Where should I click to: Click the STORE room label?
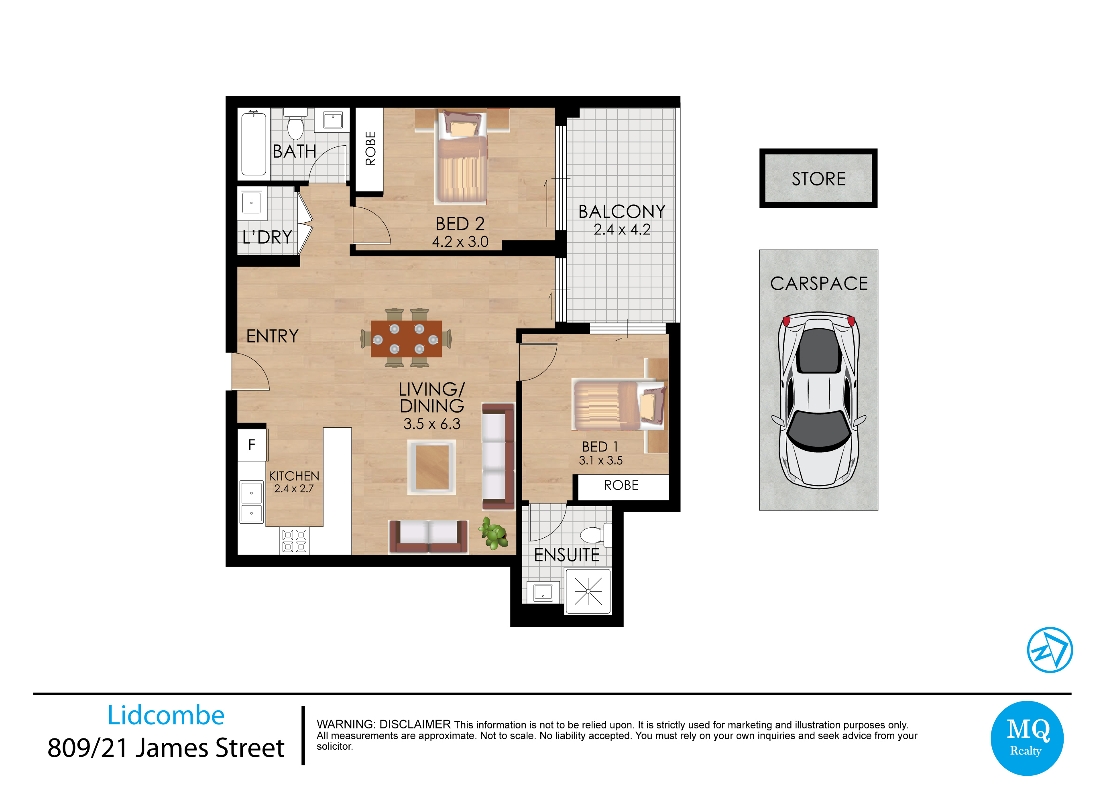pyautogui.click(x=819, y=179)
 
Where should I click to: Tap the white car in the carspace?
pyautogui.click(x=819, y=400)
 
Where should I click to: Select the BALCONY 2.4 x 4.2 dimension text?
pyautogui.click(x=622, y=229)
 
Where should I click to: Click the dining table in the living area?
pyautogui.click(x=406, y=339)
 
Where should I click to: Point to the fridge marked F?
pyautogui.click(x=252, y=445)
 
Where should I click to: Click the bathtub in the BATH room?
pyautogui.click(x=254, y=143)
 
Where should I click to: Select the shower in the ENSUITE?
pyautogui.click(x=588, y=592)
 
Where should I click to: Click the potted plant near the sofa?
pyautogui.click(x=493, y=533)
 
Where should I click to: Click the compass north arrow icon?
pyautogui.click(x=1050, y=650)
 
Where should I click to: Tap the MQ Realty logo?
pyautogui.click(x=1027, y=738)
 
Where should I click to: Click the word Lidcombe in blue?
pyautogui.click(x=166, y=715)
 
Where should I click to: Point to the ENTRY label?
pyautogui.click(x=273, y=336)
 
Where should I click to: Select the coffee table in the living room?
pyautogui.click(x=431, y=467)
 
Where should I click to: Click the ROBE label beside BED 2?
pyautogui.click(x=370, y=148)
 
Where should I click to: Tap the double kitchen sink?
pyautogui.click(x=252, y=502)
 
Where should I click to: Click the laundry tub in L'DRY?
pyautogui.click(x=252, y=203)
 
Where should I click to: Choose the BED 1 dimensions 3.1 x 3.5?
pyautogui.click(x=601, y=460)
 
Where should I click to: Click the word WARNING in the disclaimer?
pyautogui.click(x=346, y=724)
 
